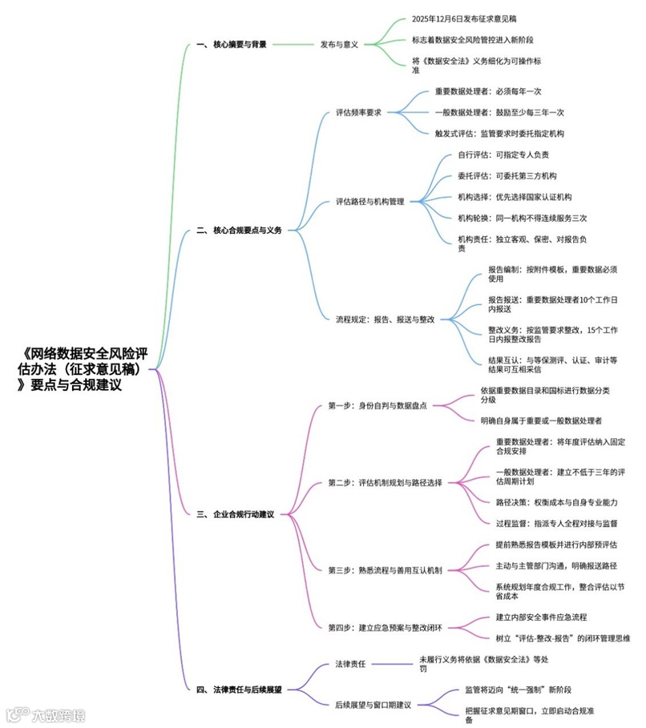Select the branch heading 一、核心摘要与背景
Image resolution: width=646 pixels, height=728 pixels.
click(x=232, y=44)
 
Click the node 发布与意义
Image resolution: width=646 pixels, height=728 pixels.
click(x=339, y=44)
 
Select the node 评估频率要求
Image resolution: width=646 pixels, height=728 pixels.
click(x=359, y=112)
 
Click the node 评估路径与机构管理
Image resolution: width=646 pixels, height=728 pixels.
click(x=370, y=201)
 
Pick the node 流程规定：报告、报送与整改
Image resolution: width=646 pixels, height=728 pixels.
click(x=386, y=319)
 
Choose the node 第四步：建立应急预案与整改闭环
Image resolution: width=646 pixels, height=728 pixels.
click(x=386, y=627)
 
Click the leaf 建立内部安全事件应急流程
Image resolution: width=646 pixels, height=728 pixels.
click(x=541, y=617)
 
